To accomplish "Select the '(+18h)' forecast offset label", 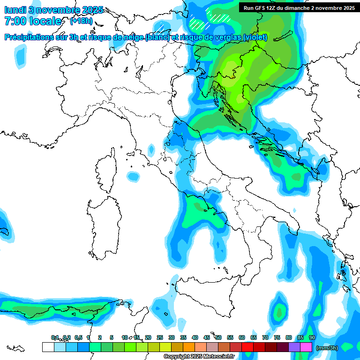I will click(x=81, y=21).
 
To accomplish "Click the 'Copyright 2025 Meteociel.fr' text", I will click(x=199, y=357).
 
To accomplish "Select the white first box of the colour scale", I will click(x=48, y=347).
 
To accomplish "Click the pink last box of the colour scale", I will click(x=306, y=347).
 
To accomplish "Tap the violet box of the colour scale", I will click(x=294, y=347).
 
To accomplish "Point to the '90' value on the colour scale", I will click(x=312, y=337).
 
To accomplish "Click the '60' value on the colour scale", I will click(x=242, y=337).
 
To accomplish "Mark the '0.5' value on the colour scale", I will click(x=78, y=337).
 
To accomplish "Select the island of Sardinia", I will click(x=101, y=225).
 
